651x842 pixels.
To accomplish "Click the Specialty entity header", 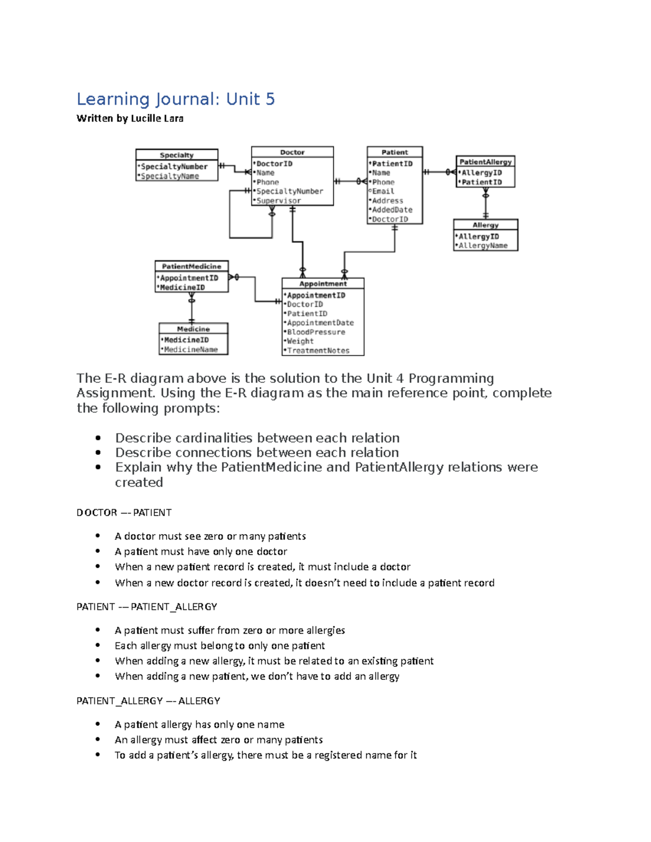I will (176, 155).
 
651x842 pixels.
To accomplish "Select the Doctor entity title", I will (292, 152).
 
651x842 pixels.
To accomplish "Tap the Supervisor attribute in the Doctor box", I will (278, 201).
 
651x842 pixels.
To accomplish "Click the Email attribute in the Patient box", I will (383, 191).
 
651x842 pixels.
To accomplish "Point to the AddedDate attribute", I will (392, 210).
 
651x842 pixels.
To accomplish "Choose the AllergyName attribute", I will (483, 246).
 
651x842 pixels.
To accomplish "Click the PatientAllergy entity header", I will (485, 162).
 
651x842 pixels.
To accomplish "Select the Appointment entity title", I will (323, 284).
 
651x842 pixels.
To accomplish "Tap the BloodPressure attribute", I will (316, 332).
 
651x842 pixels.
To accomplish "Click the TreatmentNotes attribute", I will (318, 351).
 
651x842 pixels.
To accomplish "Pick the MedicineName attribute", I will (190, 350).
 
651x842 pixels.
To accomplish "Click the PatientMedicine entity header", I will (192, 266).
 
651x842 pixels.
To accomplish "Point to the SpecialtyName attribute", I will (170, 176).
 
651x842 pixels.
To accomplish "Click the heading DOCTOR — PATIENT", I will (124, 512).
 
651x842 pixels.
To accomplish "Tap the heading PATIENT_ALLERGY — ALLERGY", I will (148, 700).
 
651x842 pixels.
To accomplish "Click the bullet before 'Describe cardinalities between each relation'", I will (98, 438).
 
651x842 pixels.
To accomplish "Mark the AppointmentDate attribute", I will (320, 323).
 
